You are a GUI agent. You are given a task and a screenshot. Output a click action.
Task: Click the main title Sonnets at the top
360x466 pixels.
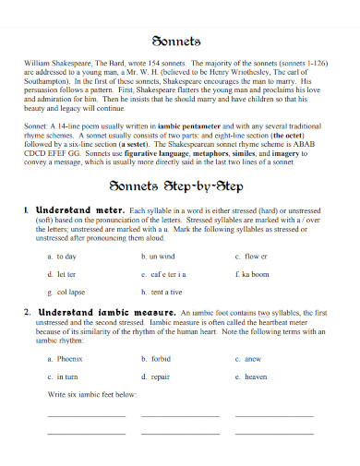[180, 42]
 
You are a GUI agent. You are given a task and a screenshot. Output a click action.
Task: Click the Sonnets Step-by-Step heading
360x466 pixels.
[179, 185]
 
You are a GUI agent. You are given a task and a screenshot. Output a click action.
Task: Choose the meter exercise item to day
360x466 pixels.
[66, 256]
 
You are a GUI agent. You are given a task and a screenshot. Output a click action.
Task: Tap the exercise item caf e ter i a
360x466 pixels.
[167, 274]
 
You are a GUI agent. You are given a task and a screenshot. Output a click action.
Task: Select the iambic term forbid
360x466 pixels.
[161, 358]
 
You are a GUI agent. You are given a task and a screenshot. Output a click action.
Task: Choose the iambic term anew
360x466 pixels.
[252, 358]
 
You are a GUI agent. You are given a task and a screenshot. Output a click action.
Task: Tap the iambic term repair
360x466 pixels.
[161, 376]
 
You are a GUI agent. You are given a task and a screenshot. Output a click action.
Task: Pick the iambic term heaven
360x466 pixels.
[254, 376]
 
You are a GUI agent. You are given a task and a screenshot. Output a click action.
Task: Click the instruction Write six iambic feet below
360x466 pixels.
[92, 394]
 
